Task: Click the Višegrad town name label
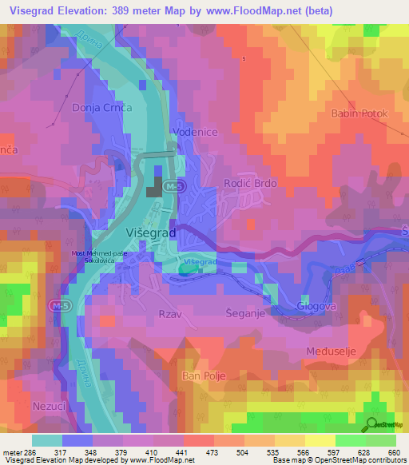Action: [x=151, y=232]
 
